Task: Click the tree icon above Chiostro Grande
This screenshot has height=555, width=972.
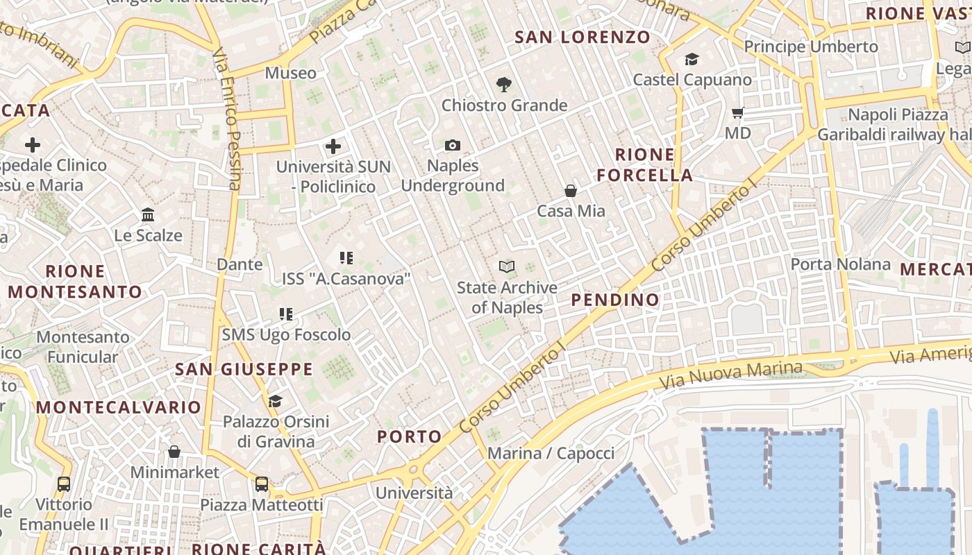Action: (x=504, y=85)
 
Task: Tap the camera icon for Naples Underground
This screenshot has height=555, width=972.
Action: (x=453, y=145)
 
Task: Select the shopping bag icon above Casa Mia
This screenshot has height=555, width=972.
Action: (x=571, y=191)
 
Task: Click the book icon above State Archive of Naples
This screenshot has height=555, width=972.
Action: (x=507, y=266)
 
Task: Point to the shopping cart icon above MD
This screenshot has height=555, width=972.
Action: (x=737, y=112)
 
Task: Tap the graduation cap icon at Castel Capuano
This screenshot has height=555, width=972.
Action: (x=692, y=60)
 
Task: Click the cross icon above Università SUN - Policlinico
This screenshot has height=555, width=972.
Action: (x=333, y=146)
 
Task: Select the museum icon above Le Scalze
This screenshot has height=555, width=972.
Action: (x=148, y=215)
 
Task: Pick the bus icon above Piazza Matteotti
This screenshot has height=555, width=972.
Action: (x=262, y=484)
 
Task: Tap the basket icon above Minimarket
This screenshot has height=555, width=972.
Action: (x=174, y=452)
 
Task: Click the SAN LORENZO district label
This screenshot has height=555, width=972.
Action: (x=583, y=37)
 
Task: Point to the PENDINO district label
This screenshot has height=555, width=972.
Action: (x=615, y=300)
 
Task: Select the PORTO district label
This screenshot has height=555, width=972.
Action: (x=410, y=436)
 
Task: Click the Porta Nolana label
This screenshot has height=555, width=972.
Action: (x=840, y=264)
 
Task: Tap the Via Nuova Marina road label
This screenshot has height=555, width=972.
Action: (x=730, y=375)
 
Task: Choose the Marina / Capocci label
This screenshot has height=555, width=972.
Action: (x=551, y=454)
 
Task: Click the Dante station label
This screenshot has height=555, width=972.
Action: (x=240, y=264)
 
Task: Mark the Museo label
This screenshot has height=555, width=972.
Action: (x=290, y=73)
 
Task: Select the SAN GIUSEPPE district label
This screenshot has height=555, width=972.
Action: (x=244, y=369)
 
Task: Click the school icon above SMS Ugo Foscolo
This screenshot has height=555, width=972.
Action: (x=286, y=314)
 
